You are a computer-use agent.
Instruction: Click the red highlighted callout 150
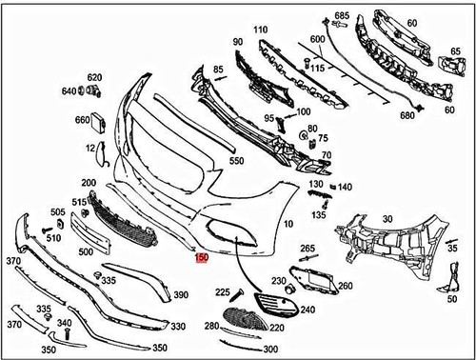pos(201,257)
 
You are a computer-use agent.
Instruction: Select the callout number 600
pos(315,37)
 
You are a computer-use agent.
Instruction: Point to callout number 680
pos(407,115)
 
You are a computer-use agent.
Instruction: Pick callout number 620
pos(94,77)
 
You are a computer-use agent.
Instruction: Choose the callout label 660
pos(82,120)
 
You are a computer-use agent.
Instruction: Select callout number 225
pos(223,292)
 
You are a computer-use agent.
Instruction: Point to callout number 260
pos(345,286)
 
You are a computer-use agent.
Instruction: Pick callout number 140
pos(345,187)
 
